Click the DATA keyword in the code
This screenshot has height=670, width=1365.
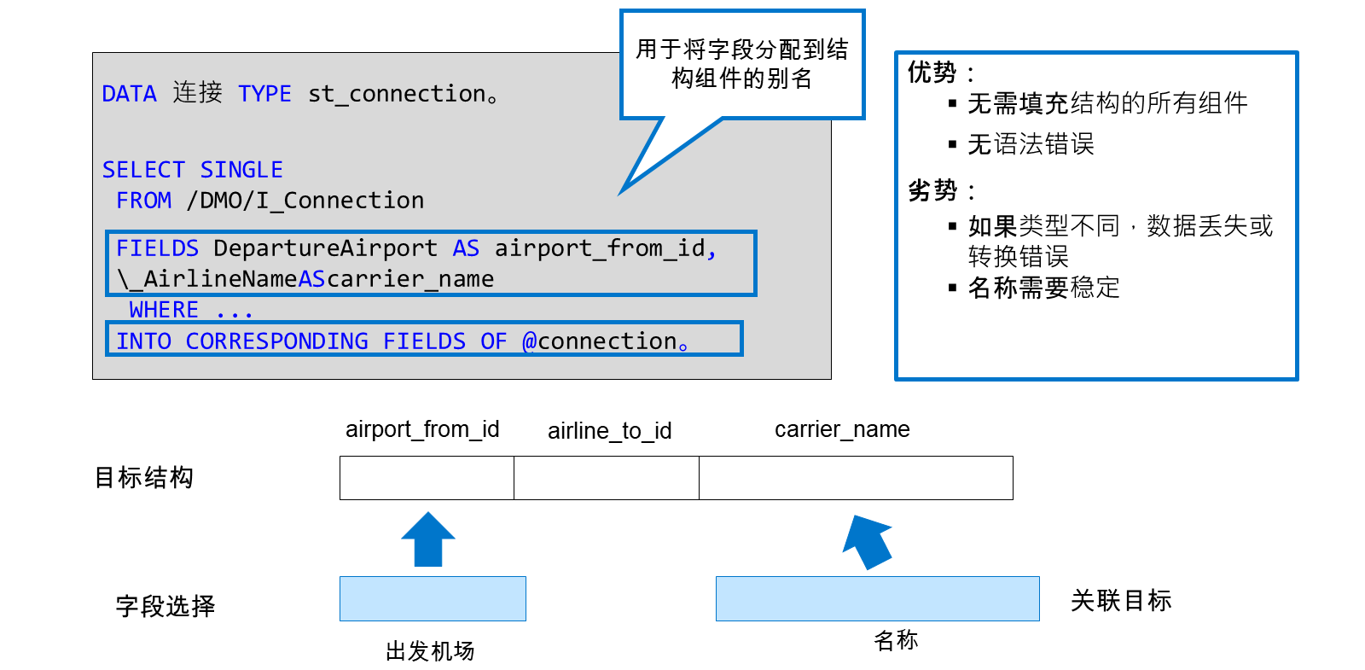[x=129, y=94]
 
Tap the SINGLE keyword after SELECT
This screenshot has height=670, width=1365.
[x=241, y=170]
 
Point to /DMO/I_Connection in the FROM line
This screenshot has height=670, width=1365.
[x=305, y=201]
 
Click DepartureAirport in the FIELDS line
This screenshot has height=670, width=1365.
[x=325, y=248]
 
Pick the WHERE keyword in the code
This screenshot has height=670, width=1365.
[x=164, y=310]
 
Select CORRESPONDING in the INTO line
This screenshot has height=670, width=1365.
[x=277, y=341]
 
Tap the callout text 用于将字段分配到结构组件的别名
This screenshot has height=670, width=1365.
[x=741, y=64]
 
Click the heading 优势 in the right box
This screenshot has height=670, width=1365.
[x=932, y=72]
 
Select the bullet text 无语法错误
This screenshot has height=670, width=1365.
[x=1031, y=144]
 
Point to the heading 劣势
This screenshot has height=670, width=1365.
[x=932, y=190]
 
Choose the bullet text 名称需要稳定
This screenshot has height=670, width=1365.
[x=1043, y=287]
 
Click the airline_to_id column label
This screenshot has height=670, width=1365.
[x=609, y=431]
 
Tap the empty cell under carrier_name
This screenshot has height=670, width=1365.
[x=856, y=478]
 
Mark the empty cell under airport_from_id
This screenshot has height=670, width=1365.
[x=427, y=478]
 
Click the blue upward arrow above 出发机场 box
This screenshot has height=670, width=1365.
[x=427, y=540]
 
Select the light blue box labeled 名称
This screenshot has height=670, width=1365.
[x=878, y=598]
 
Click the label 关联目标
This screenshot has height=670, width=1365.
[x=1121, y=601]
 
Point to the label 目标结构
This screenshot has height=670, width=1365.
[x=144, y=477]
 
